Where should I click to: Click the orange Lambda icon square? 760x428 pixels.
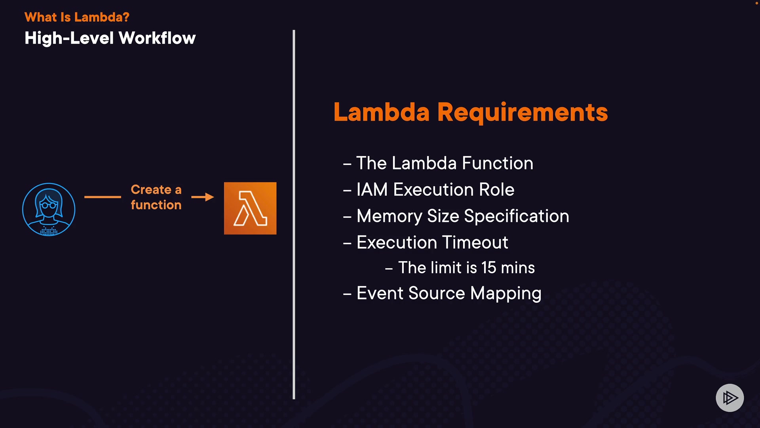tap(250, 208)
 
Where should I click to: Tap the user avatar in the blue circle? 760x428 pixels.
tap(49, 209)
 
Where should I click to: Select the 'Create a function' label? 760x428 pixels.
tap(156, 197)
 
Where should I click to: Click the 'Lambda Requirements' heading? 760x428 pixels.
tap(470, 112)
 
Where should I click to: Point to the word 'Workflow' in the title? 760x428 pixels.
tap(157, 38)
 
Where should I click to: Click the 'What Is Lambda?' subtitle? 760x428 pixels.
tap(77, 17)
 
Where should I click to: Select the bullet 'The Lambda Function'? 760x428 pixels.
tap(444, 163)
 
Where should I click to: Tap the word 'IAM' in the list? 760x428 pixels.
tap(372, 190)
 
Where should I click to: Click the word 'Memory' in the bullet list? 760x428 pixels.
tap(389, 216)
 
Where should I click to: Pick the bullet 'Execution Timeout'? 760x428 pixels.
tap(432, 243)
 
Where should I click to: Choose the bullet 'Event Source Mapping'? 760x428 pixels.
tap(448, 294)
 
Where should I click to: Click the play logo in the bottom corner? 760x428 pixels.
tap(730, 398)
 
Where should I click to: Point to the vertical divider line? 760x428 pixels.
tap(294, 214)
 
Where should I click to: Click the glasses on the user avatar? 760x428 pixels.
tap(49, 205)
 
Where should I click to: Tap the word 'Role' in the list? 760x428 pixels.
tap(497, 190)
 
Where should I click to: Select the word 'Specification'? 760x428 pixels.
tap(517, 216)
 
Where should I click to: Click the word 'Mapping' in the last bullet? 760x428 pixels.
tap(506, 294)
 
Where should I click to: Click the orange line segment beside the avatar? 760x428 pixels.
tap(103, 197)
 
